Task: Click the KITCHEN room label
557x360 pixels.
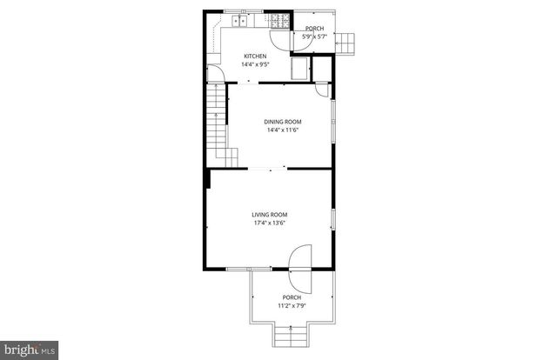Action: pos(254,57)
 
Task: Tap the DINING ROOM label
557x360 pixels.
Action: pos(282,121)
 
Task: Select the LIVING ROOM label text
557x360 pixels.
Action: pos(270,215)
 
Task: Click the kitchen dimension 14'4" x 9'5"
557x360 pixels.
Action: pos(254,64)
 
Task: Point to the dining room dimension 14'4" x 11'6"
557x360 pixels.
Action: pos(282,130)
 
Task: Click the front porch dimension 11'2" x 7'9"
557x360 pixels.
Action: pos(291,305)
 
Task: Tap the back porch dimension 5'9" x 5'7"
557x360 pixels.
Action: pos(313,37)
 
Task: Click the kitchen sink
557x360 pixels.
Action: pos(238,19)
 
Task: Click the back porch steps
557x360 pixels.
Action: pos(348,41)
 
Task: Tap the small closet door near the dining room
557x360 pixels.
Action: pos(321,87)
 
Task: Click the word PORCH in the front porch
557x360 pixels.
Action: pos(291,297)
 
